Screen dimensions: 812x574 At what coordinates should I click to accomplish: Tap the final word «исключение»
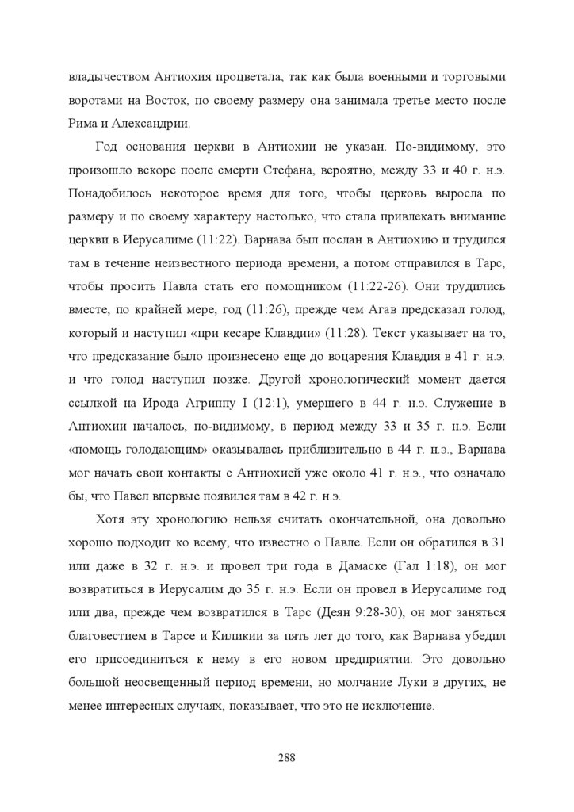pos(397,703)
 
